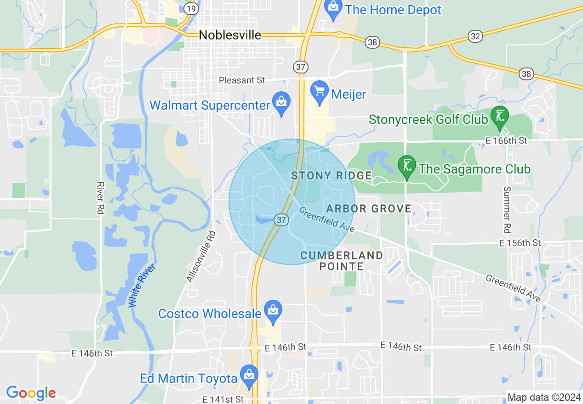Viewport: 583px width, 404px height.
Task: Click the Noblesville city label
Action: coord(230,35)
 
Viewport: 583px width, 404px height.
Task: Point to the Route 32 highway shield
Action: coord(475,35)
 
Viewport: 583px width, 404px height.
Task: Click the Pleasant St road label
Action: coord(242,80)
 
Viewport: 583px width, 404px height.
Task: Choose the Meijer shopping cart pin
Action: coord(319,92)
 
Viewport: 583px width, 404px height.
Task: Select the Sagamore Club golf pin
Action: coord(406,167)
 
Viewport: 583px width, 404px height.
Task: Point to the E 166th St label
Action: coord(506,140)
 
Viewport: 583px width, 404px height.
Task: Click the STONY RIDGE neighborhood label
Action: coord(332,175)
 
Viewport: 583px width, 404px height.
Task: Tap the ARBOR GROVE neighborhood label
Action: coord(369,209)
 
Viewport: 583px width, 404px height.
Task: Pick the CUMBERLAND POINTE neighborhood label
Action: coord(342,261)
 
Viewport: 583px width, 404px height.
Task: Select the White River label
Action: coord(142,286)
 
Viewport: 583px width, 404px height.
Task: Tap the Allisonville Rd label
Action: coord(201,256)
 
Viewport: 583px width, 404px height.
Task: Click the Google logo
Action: coord(31,393)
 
